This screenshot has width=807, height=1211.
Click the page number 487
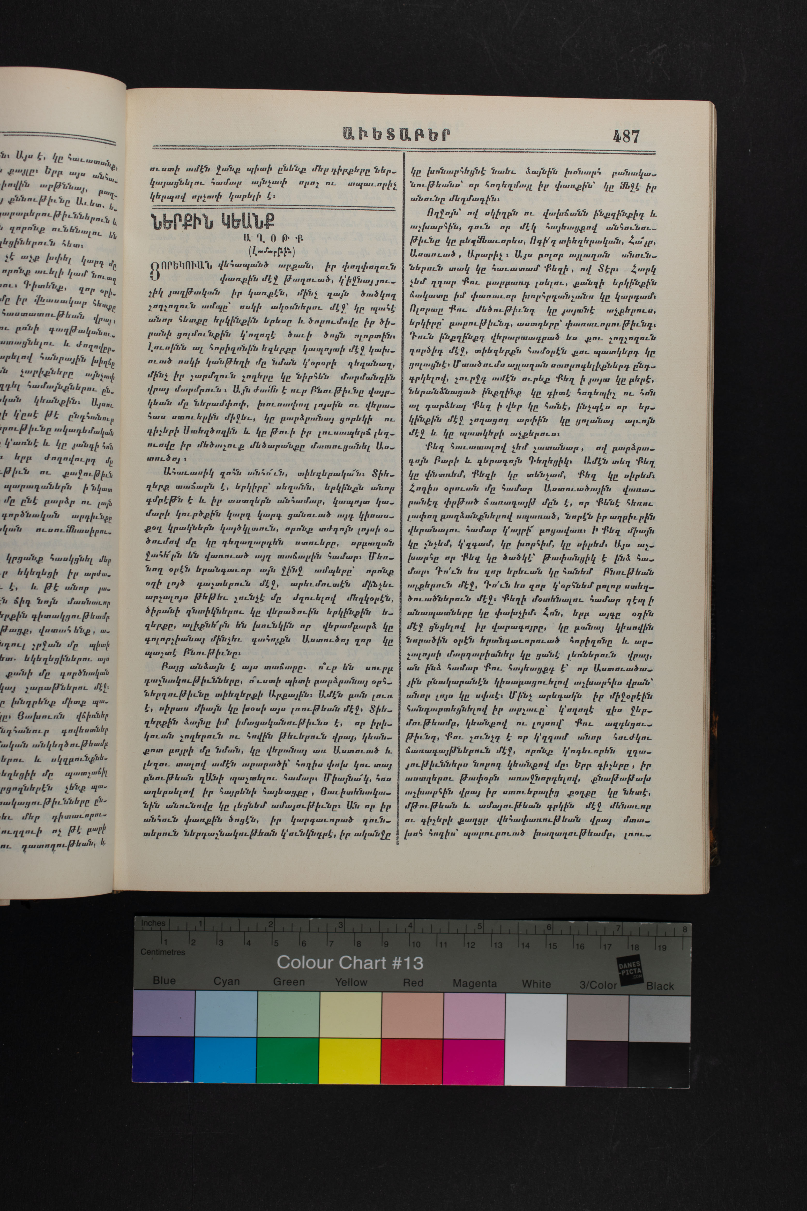626,136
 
